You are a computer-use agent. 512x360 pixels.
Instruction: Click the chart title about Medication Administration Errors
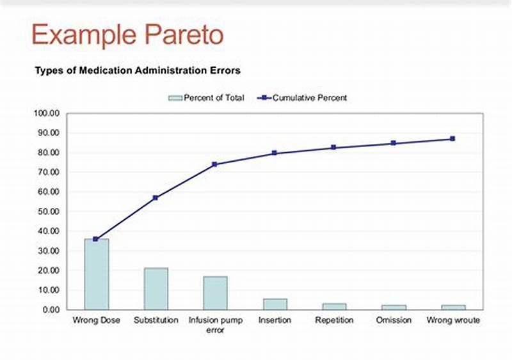pyautogui.click(x=138, y=70)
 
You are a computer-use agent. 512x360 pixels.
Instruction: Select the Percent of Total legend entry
pyautogui.click(x=206, y=98)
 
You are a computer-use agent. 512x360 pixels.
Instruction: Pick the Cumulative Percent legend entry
pyautogui.click(x=303, y=98)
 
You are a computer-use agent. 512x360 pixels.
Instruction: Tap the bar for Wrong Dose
pyautogui.click(x=96, y=274)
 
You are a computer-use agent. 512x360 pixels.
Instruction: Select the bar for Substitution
pyautogui.click(x=156, y=288)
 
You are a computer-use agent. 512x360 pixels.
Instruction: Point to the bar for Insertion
pyautogui.click(x=275, y=304)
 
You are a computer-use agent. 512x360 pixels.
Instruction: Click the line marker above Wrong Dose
pyautogui.click(x=96, y=239)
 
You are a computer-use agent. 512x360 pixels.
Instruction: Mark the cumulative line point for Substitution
pyautogui.click(x=156, y=198)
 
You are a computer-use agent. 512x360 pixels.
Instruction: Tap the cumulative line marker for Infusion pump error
pyautogui.click(x=215, y=164)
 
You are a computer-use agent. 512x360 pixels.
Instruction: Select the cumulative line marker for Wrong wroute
pyautogui.click(x=452, y=139)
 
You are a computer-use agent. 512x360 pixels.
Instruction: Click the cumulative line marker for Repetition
pyautogui.click(x=333, y=148)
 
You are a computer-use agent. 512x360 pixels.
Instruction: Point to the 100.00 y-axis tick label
pyautogui.click(x=46, y=114)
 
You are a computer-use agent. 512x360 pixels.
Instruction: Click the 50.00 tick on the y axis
pyautogui.click(x=48, y=212)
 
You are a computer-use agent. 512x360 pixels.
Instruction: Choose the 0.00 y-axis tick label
pyautogui.click(x=50, y=309)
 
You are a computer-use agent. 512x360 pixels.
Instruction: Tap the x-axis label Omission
pyautogui.click(x=393, y=320)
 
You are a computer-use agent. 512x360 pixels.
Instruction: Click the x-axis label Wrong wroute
pyautogui.click(x=452, y=320)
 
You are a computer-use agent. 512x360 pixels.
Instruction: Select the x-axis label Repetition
pyautogui.click(x=333, y=320)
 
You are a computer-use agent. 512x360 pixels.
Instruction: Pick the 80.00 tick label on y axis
pyautogui.click(x=48, y=153)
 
